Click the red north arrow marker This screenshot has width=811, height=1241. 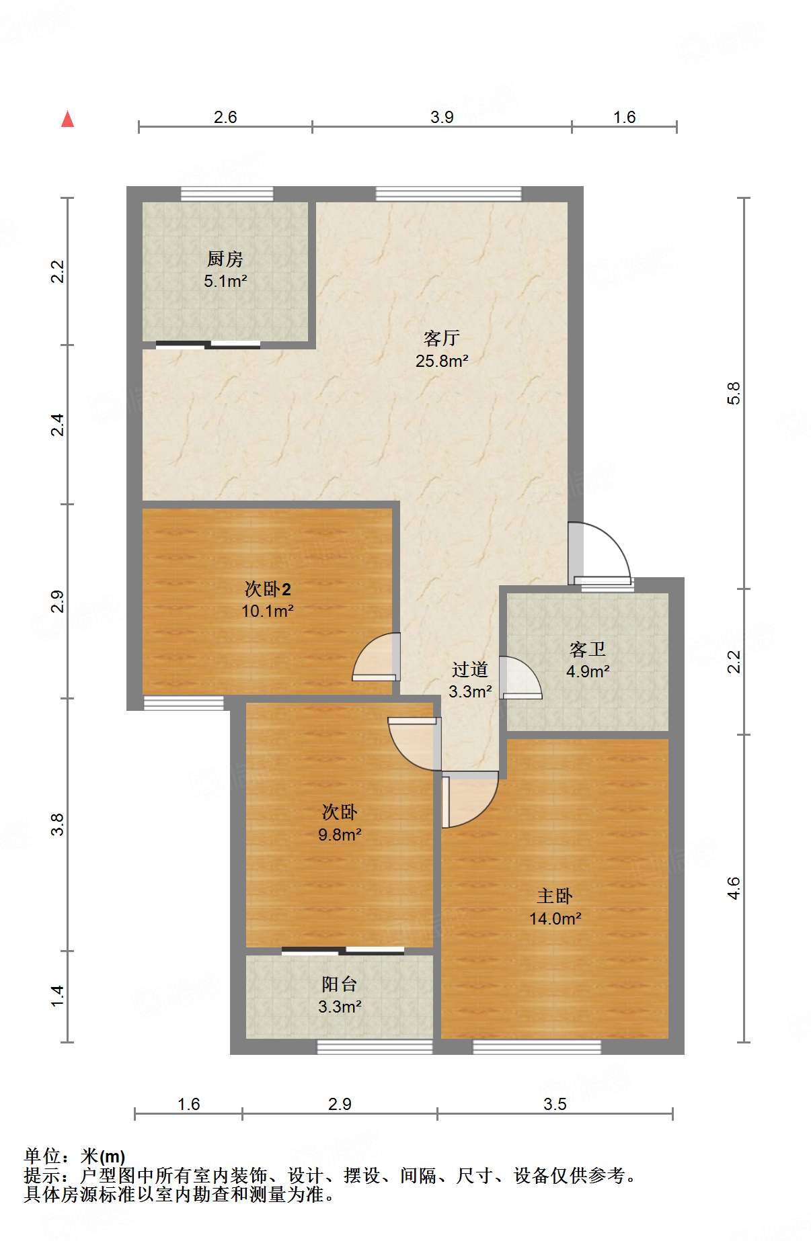click(x=67, y=119)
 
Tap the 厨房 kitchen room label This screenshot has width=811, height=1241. click(x=225, y=259)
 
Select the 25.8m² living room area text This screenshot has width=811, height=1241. click(x=441, y=361)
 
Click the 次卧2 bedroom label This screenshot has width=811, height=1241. click(x=268, y=589)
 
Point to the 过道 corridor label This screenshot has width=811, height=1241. click(x=470, y=669)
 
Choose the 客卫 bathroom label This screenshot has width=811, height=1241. click(x=587, y=649)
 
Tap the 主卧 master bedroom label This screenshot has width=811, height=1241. click(x=555, y=896)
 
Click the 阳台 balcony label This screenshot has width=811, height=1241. click(x=339, y=984)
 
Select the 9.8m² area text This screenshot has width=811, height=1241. click(x=340, y=835)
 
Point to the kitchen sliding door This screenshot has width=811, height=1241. click(x=208, y=345)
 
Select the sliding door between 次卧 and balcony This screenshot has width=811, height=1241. click(x=343, y=951)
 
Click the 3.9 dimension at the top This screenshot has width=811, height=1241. click(x=442, y=117)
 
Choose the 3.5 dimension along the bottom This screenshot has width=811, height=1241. click(x=555, y=1104)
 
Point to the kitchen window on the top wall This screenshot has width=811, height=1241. click(x=227, y=194)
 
